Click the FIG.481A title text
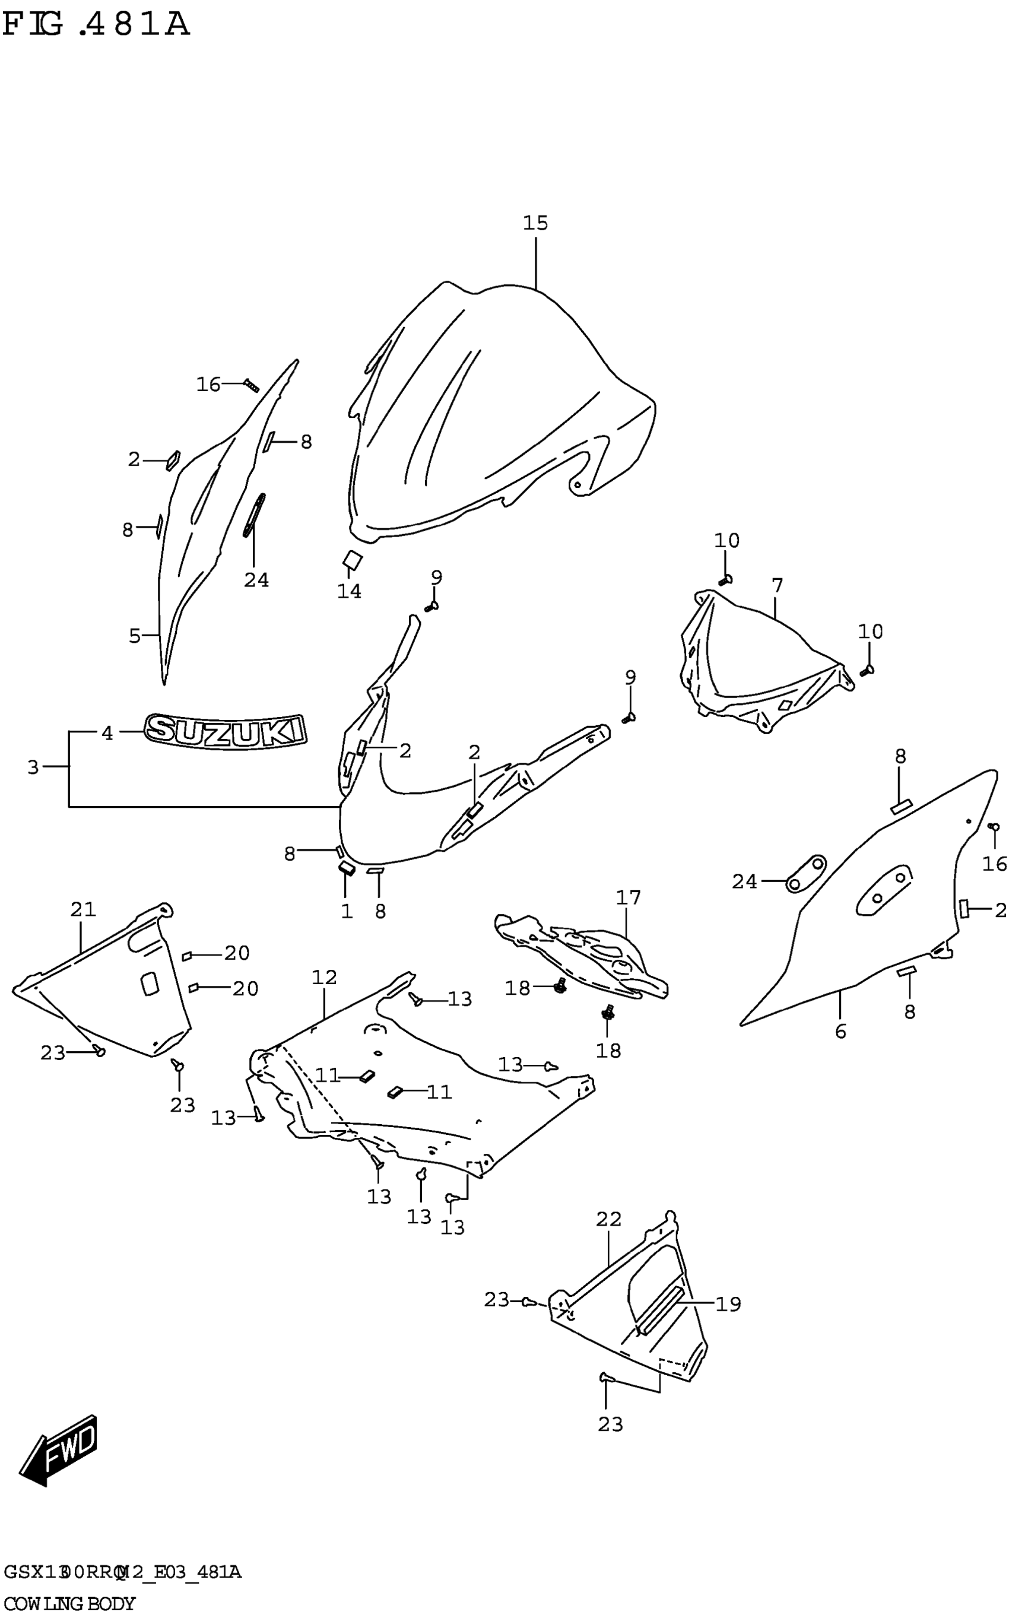96,25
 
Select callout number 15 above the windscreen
535,223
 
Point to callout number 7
777,585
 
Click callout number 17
628,897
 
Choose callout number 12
324,977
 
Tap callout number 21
84,909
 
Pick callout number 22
608,1219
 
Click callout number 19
728,1303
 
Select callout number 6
841,1031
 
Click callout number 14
349,591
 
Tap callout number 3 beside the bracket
33,767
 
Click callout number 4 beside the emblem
107,734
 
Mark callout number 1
347,911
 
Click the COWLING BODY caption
69,1603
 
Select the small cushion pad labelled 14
352,560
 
